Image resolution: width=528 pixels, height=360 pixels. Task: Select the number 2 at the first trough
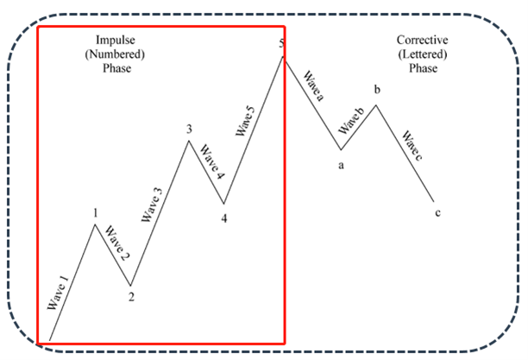click(131, 298)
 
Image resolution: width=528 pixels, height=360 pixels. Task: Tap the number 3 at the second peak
click(188, 129)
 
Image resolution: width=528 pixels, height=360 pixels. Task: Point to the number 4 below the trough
click(224, 218)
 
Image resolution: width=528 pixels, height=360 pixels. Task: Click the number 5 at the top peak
click(282, 43)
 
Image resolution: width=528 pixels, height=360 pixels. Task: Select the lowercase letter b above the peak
click(376, 90)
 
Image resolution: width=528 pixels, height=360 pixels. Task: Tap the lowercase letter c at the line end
click(437, 213)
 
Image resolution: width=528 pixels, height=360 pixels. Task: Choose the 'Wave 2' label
click(117, 244)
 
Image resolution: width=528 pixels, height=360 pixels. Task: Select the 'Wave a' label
click(311, 86)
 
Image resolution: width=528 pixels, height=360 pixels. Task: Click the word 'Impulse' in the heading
click(114, 41)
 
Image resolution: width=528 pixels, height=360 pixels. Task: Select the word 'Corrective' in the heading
click(423, 41)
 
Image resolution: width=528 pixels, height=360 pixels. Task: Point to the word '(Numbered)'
click(114, 54)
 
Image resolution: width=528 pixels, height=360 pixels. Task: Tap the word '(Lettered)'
click(423, 54)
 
